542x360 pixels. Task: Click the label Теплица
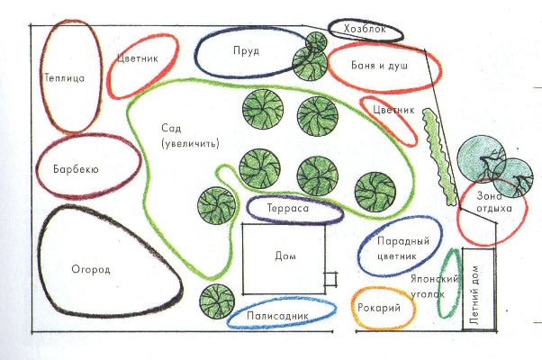65,77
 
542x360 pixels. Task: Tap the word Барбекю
76,169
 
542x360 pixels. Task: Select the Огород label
91,269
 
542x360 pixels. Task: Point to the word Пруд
246,50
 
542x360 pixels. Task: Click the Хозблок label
365,29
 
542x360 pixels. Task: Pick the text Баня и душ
379,66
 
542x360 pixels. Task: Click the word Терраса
288,208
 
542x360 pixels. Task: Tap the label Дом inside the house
285,256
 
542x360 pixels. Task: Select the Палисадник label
277,315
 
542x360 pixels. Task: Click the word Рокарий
379,308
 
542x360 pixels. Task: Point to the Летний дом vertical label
474,295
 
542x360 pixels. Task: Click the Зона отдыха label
494,202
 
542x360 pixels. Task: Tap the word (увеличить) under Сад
191,143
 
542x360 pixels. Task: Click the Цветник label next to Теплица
138,58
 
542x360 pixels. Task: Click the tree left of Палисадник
217,301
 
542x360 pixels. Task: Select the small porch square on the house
330,280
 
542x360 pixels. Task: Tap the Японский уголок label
435,286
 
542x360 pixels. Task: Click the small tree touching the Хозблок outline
316,41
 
